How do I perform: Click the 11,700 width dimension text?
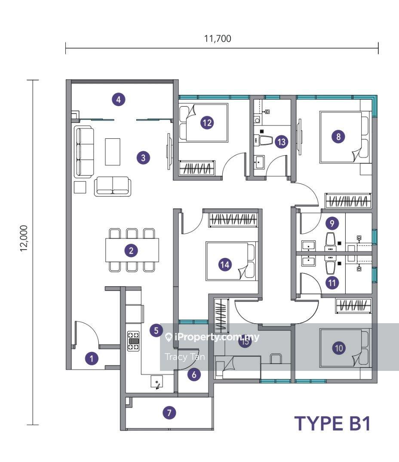pos(218,39)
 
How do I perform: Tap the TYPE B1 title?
pos(332,423)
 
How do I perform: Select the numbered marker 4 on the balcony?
pos(119,100)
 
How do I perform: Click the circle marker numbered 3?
pos(143,158)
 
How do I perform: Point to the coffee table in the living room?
pos(113,151)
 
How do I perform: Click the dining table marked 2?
pos(132,250)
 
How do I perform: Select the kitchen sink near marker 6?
pos(157,382)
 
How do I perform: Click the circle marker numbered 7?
pos(169,413)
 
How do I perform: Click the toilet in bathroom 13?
pos(264,140)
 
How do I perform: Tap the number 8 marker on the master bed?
pos(339,137)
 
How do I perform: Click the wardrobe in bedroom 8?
pos(347,200)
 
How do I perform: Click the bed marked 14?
pos(230,261)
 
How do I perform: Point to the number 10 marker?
pos(339,348)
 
